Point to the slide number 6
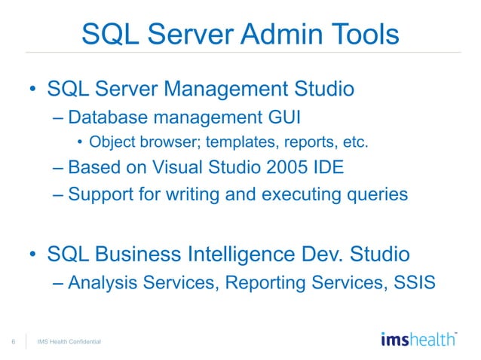pyautogui.click(x=14, y=343)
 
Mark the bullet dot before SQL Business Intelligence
pyautogui.click(x=34, y=255)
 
